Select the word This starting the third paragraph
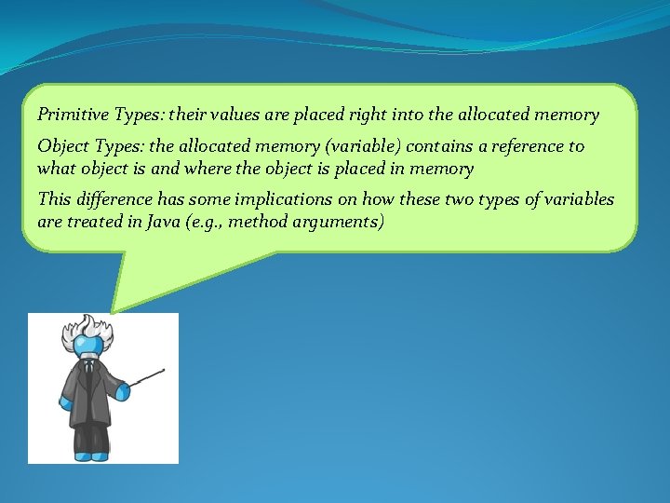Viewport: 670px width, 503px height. pyautogui.click(x=54, y=199)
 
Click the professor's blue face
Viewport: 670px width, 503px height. pyautogui.click(x=89, y=347)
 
